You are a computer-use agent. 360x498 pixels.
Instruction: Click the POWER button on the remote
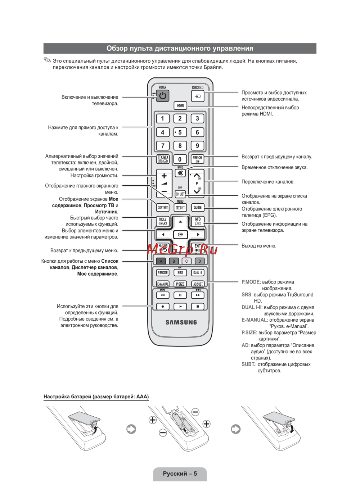(x=163, y=96)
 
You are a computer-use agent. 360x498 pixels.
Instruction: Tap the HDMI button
(x=180, y=105)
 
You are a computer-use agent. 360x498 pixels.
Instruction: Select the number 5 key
(x=180, y=132)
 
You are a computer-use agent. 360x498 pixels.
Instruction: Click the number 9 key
(x=197, y=146)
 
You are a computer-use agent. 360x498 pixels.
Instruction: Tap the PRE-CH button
(x=197, y=159)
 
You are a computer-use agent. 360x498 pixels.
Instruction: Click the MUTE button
(x=180, y=173)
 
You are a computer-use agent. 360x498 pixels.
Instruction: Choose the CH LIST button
(x=180, y=194)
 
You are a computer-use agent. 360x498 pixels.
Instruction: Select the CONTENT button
(x=163, y=208)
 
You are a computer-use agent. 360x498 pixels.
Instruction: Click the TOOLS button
(x=163, y=221)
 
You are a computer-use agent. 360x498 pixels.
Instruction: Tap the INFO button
(x=198, y=221)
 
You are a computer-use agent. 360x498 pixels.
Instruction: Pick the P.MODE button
(x=163, y=273)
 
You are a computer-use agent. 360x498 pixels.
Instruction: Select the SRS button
(x=180, y=273)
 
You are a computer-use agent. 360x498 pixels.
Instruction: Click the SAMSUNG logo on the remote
(x=181, y=322)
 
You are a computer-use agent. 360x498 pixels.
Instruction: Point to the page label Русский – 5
(x=180, y=474)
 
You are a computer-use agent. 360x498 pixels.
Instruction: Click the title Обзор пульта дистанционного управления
(x=180, y=48)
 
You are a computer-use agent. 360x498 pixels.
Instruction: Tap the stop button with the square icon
(x=198, y=307)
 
